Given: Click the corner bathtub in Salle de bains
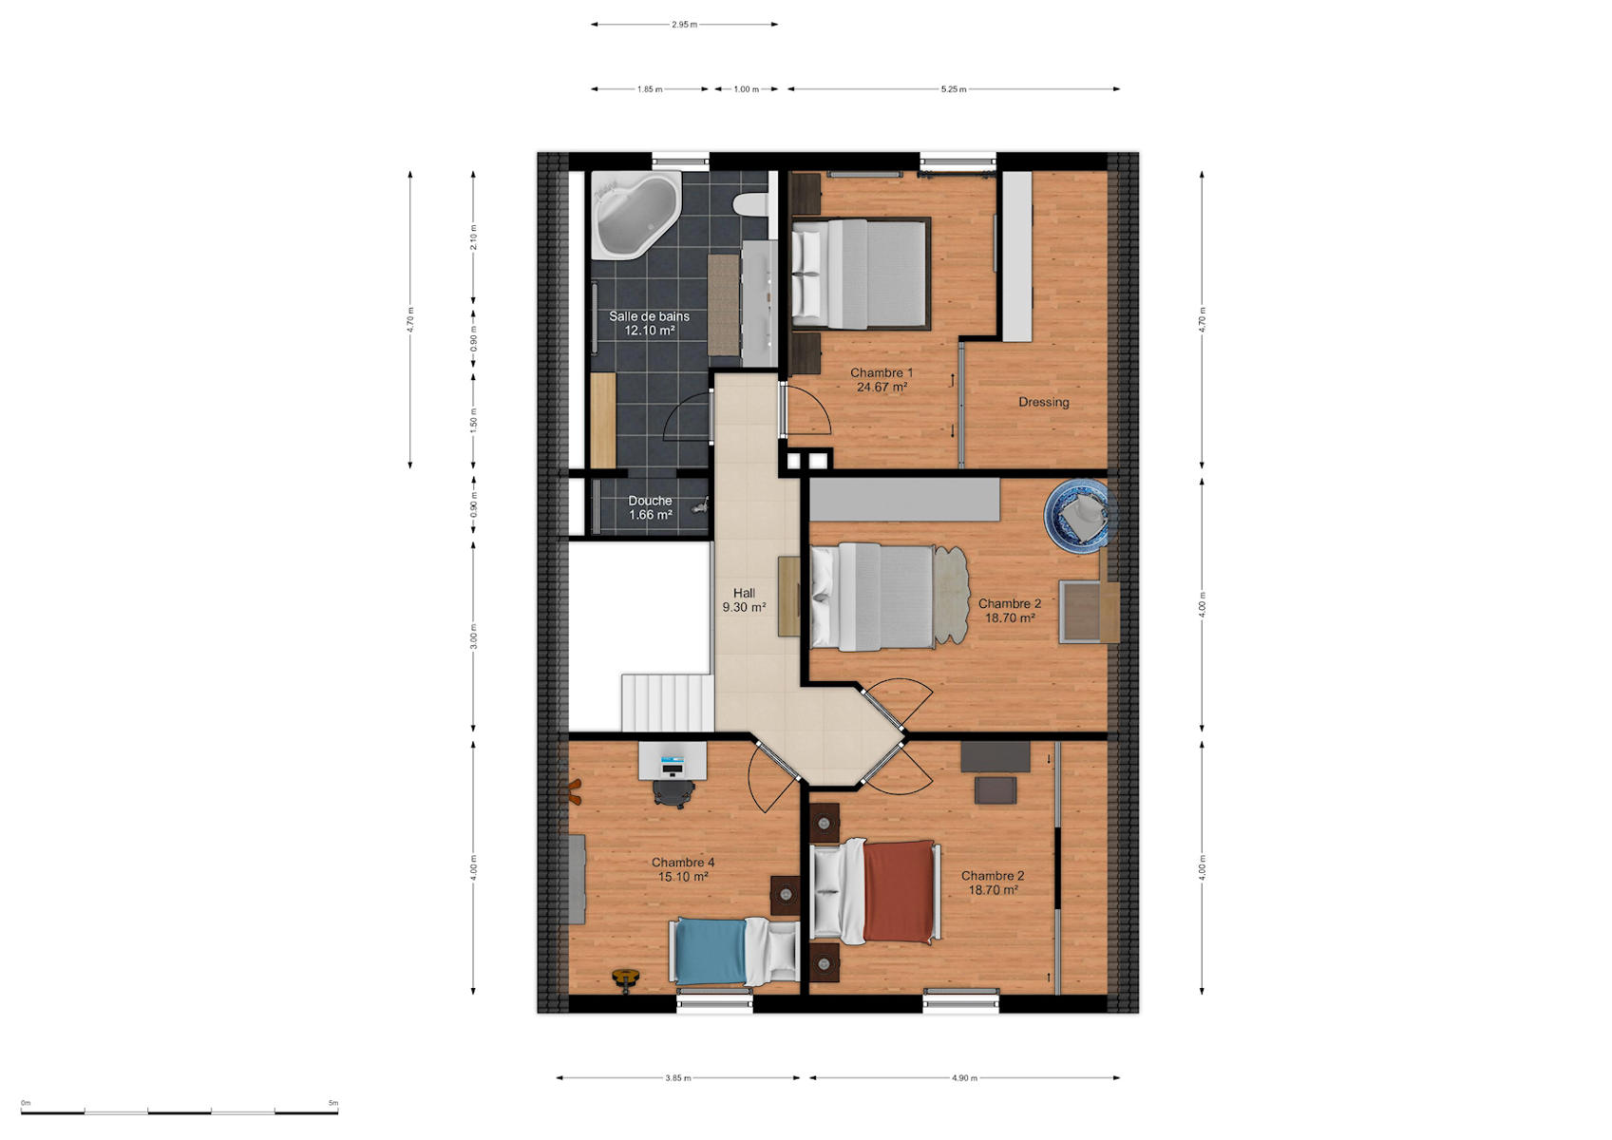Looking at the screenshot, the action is tap(635, 214).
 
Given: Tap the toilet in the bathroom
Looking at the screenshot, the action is tap(751, 204).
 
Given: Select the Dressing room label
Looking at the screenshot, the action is tap(1044, 402).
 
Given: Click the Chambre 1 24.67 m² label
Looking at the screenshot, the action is tap(882, 380).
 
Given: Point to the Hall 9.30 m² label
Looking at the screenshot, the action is tap(744, 600).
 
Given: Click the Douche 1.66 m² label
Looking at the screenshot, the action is tap(651, 507).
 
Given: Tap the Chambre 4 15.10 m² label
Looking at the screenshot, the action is tap(683, 869).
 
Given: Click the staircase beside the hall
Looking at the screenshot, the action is tap(667, 702).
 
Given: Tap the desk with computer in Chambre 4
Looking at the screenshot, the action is tap(673, 761).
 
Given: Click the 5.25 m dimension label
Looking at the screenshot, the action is tap(954, 89).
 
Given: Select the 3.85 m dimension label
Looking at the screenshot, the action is tap(678, 1078).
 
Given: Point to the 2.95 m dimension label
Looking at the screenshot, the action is tap(684, 25).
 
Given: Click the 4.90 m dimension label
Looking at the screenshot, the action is tap(964, 1078).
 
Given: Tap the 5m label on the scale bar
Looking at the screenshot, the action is tap(333, 1103).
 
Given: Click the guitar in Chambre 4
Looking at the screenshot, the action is tap(626, 978).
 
